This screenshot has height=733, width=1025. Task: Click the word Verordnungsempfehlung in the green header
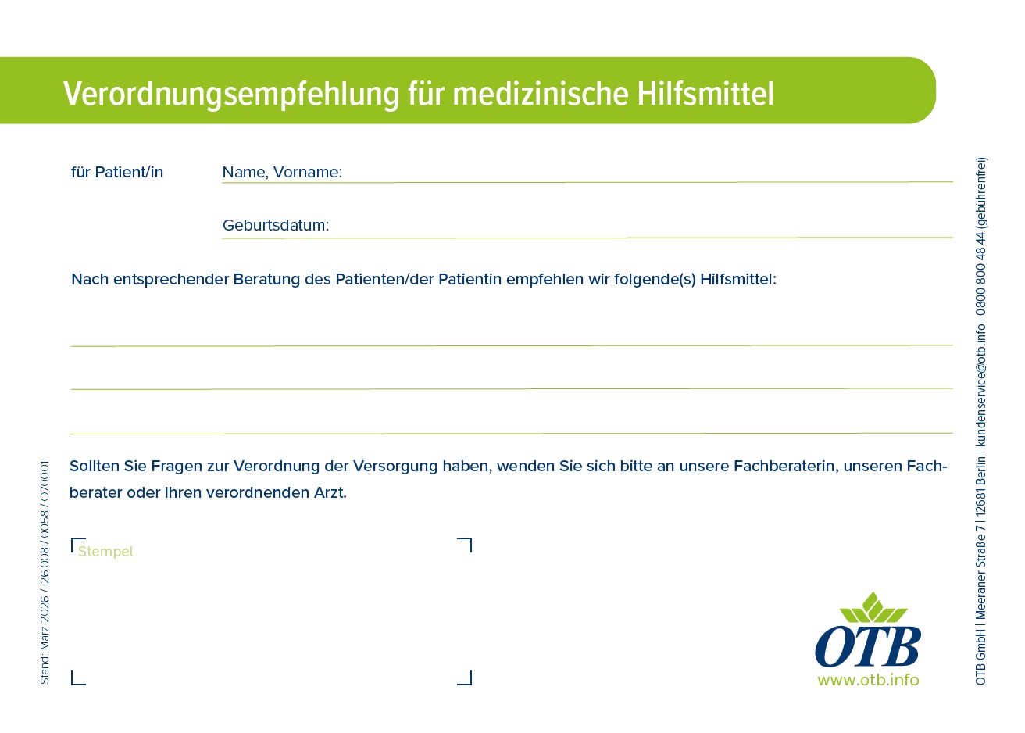click(231, 95)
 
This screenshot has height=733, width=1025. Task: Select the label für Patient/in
click(117, 172)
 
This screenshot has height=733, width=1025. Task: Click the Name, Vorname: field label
click(282, 172)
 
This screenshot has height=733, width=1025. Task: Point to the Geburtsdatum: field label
click(276, 225)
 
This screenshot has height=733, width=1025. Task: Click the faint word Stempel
click(105, 551)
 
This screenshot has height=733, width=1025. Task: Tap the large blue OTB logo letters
click(868, 646)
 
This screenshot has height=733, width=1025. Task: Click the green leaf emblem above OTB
click(873, 607)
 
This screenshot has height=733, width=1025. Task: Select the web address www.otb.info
click(868, 680)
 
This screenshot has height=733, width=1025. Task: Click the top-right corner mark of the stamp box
click(470, 539)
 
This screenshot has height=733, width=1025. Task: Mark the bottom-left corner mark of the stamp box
click(73, 684)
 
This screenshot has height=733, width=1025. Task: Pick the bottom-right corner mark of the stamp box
click(470, 684)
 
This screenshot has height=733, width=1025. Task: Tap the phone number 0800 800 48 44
click(980, 274)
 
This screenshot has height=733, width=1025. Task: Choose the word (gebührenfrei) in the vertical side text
click(980, 193)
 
